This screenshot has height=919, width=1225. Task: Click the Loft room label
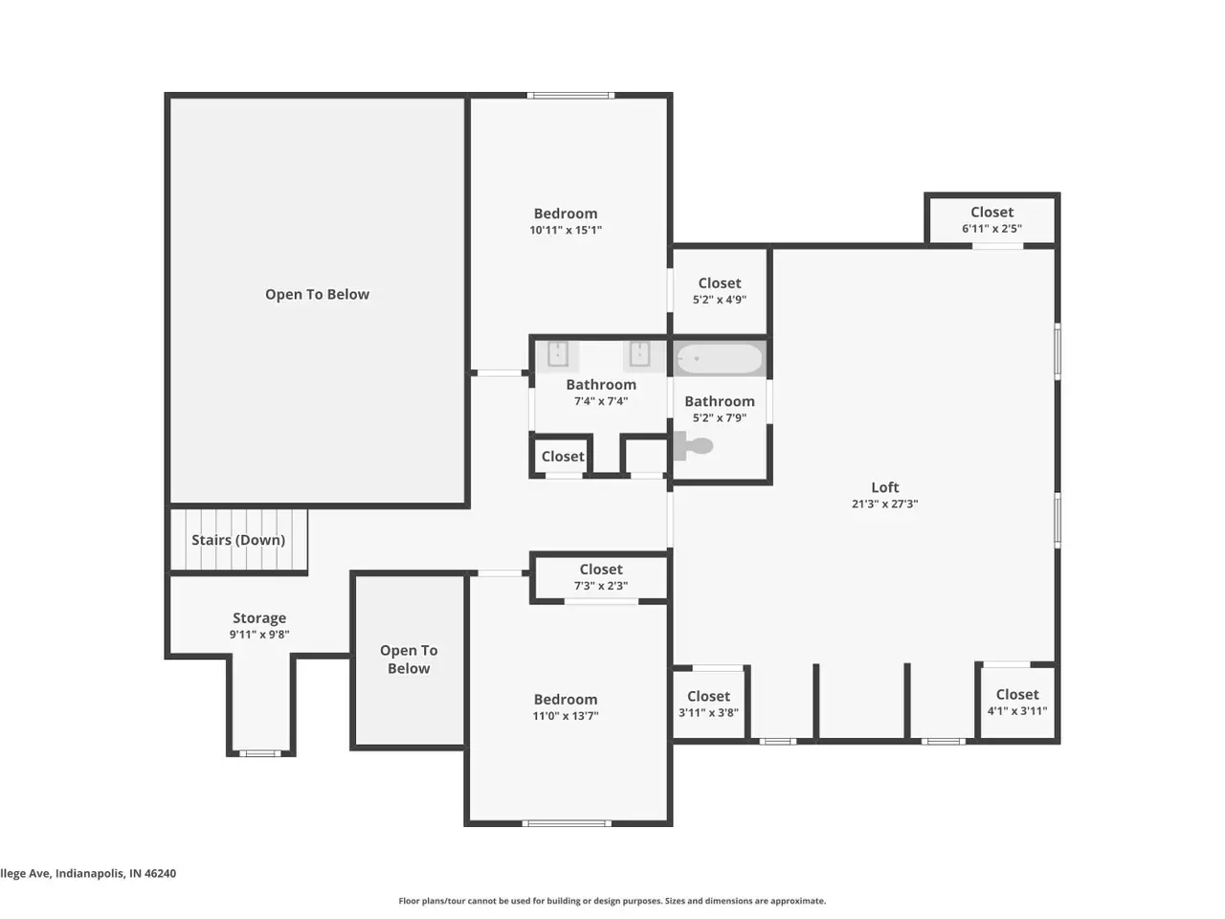click(x=884, y=487)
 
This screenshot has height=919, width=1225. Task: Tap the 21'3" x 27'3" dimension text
click(x=884, y=504)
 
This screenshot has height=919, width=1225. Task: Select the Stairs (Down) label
click(x=238, y=540)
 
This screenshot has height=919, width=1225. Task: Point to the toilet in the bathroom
click(x=693, y=446)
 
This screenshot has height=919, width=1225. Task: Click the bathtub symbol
click(x=719, y=359)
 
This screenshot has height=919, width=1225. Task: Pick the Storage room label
click(x=259, y=618)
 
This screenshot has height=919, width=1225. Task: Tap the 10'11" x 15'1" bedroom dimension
click(x=566, y=230)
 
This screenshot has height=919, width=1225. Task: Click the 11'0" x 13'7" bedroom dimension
click(x=566, y=716)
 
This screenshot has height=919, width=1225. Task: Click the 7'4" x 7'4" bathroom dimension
click(x=601, y=401)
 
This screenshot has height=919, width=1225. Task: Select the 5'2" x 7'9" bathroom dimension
click(x=720, y=418)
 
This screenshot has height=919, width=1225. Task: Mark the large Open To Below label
click(x=317, y=295)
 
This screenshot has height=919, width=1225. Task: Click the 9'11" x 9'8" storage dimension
click(x=259, y=635)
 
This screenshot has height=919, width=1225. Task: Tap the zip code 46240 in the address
click(x=160, y=873)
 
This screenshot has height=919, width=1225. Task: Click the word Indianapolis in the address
click(x=89, y=874)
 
